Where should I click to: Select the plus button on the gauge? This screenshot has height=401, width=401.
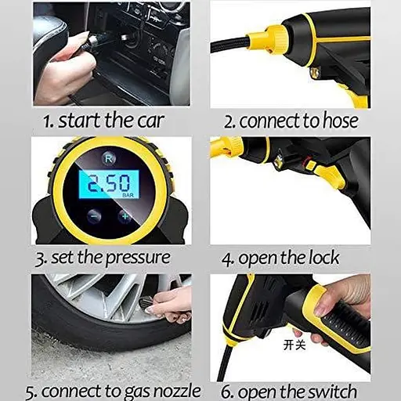[125, 217]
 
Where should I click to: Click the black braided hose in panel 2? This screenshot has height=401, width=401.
[230, 44]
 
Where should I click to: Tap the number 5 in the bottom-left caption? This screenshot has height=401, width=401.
[31, 392]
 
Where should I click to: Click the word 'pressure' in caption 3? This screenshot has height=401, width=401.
[138, 258]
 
